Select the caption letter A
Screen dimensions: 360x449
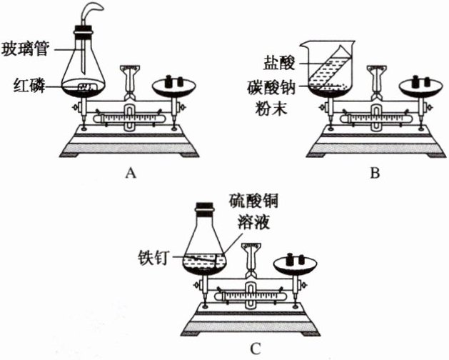tap(129, 172)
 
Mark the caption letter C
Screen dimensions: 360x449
tap(255, 349)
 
